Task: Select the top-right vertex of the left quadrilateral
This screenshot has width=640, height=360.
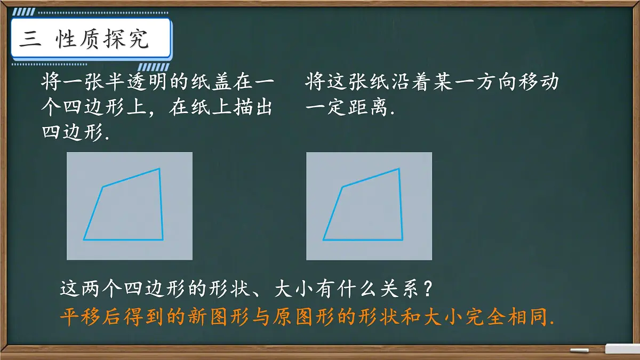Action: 159,169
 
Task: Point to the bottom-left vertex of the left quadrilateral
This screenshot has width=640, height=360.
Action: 84,239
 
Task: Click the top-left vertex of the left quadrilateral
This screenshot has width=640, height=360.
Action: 102,187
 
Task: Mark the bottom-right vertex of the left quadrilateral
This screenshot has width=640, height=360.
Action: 163,239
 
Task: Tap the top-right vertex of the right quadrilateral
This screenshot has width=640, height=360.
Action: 399,169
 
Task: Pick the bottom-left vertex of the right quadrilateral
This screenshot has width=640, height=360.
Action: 323,239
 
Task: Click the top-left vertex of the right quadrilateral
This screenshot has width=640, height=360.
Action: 342,187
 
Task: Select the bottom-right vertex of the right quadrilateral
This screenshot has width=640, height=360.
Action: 403,239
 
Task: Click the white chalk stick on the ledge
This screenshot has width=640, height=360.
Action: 579,350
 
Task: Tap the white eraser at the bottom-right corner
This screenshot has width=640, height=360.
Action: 622,349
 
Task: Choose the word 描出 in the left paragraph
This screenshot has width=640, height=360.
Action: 254,108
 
